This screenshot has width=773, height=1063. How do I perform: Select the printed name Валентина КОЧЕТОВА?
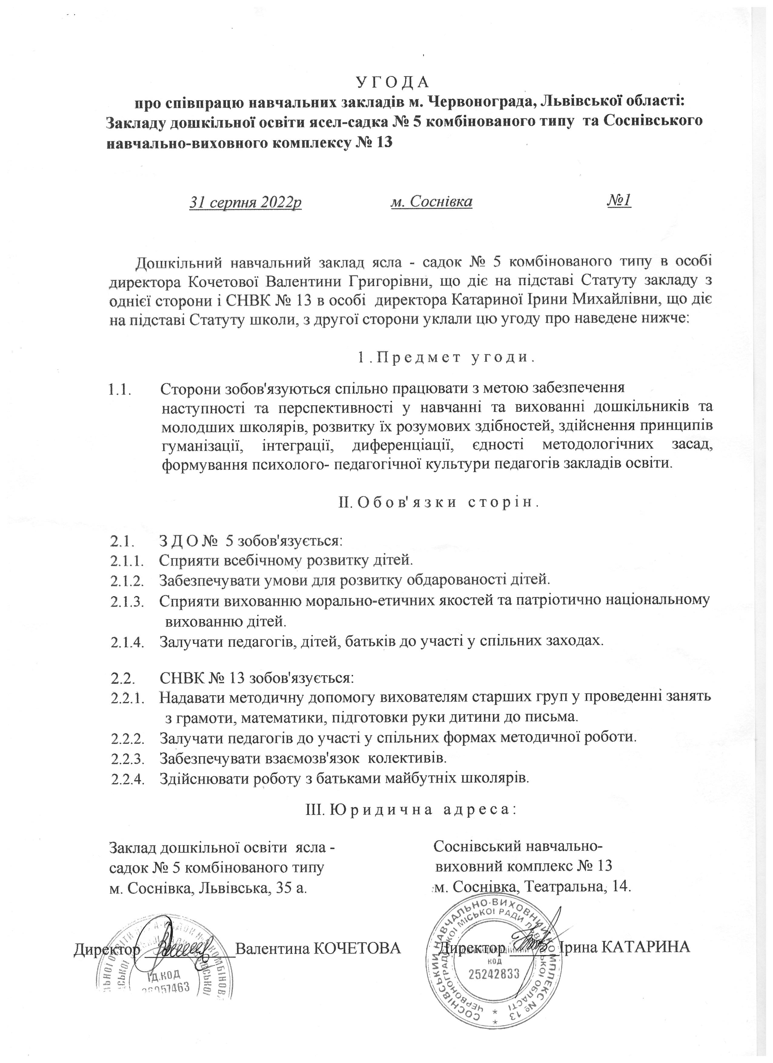(318, 947)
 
